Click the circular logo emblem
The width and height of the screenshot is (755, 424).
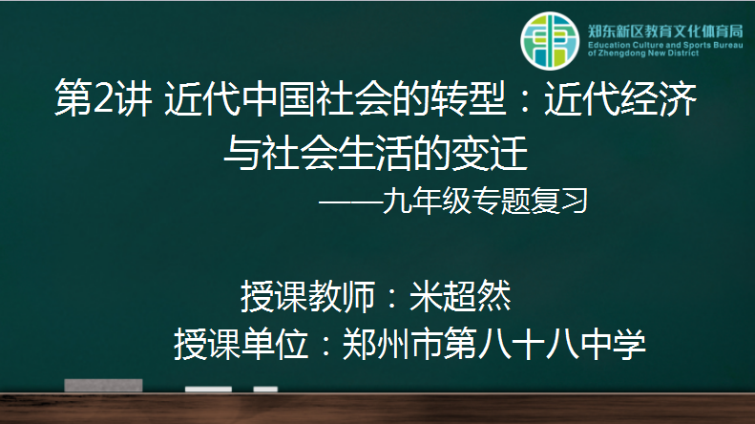pyautogui.click(x=550, y=41)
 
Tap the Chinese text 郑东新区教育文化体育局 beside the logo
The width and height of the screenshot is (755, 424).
pyautogui.click(x=665, y=32)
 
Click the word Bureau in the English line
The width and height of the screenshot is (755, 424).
pyautogui.click(x=728, y=45)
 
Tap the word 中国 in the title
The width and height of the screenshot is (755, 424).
pyautogui.click(x=280, y=97)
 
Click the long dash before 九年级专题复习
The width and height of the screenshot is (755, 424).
pyautogui.click(x=350, y=201)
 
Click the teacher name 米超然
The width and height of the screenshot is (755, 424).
pyautogui.click(x=460, y=296)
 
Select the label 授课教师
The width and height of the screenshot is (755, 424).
pyautogui.click(x=307, y=296)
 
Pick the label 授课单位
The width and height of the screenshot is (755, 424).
pyautogui.click(x=241, y=344)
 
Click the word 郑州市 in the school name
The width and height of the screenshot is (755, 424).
pyautogui.click(x=392, y=344)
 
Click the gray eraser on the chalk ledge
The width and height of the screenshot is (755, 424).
pyautogui.click(x=103, y=385)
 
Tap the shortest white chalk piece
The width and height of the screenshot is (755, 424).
pyautogui.click(x=265, y=389)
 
